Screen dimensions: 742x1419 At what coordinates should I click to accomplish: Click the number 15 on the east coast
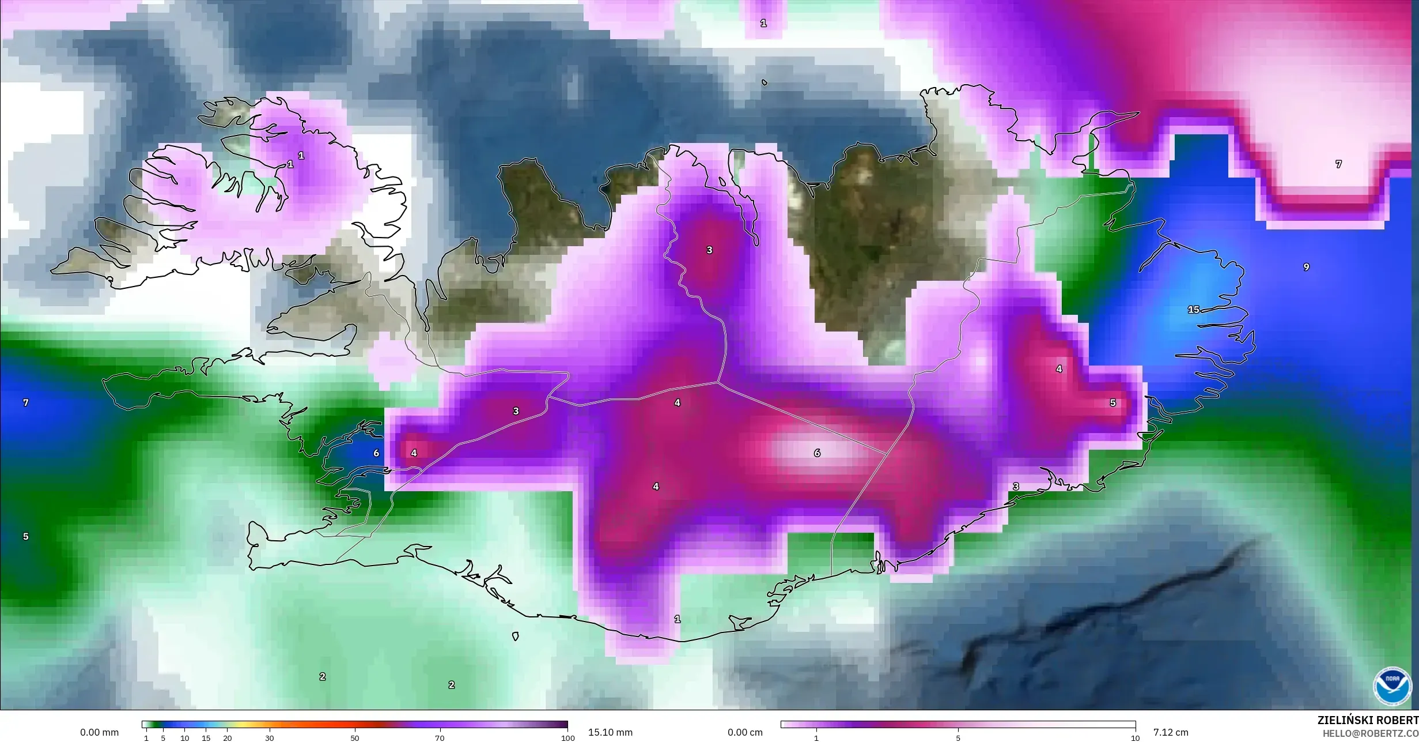pyautogui.click(x=1193, y=310)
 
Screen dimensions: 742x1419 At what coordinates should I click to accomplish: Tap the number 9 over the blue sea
pyautogui.click(x=1306, y=267)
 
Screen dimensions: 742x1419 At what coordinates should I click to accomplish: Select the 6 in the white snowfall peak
pyautogui.click(x=817, y=453)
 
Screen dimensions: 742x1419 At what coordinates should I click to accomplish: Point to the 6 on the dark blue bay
pyautogui.click(x=376, y=453)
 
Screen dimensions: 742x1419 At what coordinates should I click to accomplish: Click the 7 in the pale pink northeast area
pyautogui.click(x=1338, y=164)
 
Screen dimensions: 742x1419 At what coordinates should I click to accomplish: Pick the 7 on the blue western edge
pyautogui.click(x=25, y=402)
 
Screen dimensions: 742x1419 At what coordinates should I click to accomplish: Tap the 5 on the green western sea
pyautogui.click(x=25, y=536)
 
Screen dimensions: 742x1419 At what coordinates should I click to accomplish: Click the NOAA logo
pyautogui.click(x=1392, y=685)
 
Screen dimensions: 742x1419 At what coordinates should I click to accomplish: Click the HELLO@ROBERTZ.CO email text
pyautogui.click(x=1370, y=733)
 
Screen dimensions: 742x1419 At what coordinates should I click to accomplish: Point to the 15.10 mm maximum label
pyautogui.click(x=610, y=732)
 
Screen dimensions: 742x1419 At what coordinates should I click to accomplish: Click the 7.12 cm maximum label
pyautogui.click(x=1171, y=732)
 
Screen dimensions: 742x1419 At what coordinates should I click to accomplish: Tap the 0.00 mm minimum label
pyautogui.click(x=100, y=732)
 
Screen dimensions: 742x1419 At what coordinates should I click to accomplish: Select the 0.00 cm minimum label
pyautogui.click(x=745, y=732)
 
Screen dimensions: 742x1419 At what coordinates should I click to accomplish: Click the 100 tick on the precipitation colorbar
pyautogui.click(x=568, y=738)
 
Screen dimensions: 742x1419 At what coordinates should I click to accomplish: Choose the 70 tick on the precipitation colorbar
pyautogui.click(x=440, y=738)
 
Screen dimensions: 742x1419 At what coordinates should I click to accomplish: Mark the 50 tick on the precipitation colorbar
pyautogui.click(x=354, y=738)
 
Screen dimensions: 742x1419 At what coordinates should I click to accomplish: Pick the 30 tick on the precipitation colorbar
pyautogui.click(x=269, y=738)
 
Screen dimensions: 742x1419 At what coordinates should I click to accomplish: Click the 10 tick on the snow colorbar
pyautogui.click(x=1135, y=738)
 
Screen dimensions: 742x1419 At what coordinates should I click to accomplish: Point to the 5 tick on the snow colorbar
pyautogui.click(x=958, y=738)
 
